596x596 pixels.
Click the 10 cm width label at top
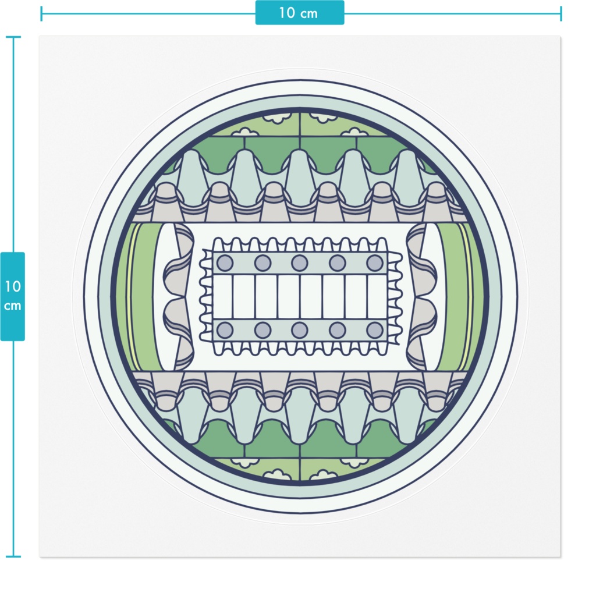point(299,13)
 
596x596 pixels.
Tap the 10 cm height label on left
point(13,296)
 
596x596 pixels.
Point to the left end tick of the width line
point(41,14)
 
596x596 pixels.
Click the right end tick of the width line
point(560,14)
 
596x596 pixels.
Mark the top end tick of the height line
point(13,37)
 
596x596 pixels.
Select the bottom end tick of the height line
point(13,556)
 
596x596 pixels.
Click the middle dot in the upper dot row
point(300,262)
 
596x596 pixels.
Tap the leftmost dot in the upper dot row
point(225,262)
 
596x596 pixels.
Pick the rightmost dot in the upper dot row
point(375,262)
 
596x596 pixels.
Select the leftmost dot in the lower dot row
point(225,330)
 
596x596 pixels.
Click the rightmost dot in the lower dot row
point(375,330)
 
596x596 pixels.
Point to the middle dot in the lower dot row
point(300,330)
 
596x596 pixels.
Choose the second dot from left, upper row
point(262,262)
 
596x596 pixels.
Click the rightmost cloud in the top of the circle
point(356,132)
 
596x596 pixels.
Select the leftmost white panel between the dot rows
point(222,296)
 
